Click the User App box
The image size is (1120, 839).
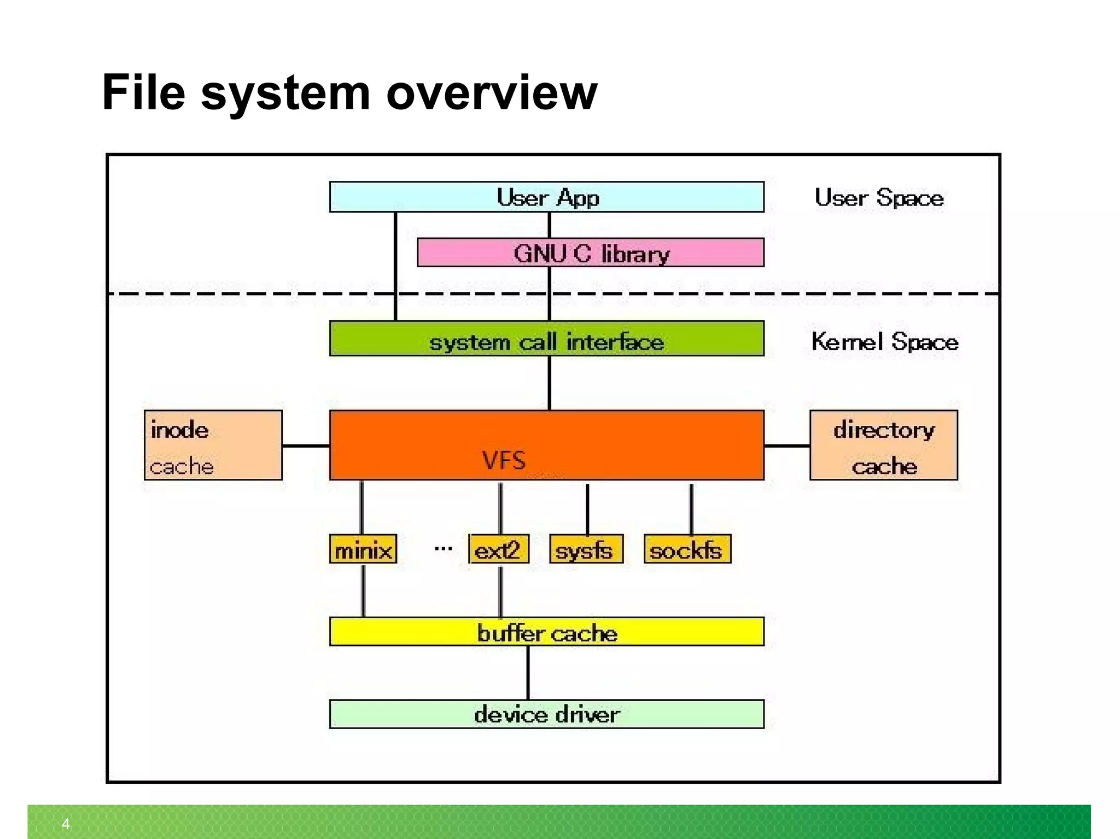pos(547,197)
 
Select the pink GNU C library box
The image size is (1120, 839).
pos(591,253)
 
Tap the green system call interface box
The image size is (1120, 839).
pos(547,339)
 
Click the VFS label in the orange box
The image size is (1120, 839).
pos(504,460)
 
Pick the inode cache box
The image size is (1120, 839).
pos(213,445)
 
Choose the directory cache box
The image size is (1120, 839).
pos(883,445)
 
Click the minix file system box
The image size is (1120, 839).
pos(363,549)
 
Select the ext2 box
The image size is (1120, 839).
pos(498,549)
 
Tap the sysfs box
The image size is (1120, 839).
pos(586,549)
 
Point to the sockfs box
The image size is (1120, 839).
pos(687,549)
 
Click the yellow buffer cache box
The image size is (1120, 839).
pos(547,632)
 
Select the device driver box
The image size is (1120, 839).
pos(547,714)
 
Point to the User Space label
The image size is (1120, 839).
pos(879,197)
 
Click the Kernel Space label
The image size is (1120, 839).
pos(884,342)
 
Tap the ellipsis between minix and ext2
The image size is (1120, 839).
pos(443,548)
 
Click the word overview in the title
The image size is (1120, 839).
pos(492,93)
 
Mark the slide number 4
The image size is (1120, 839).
pos(66,824)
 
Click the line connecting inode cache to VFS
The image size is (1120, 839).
pos(306,446)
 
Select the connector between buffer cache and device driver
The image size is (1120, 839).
pos(528,673)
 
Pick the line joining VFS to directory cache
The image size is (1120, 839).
pos(787,446)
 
